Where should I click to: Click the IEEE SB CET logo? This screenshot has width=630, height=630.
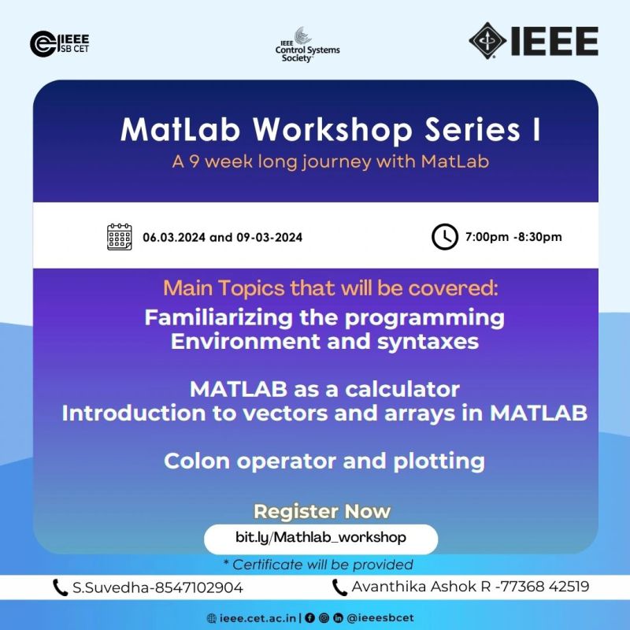click(60, 44)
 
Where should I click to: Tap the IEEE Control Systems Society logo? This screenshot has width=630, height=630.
click(307, 45)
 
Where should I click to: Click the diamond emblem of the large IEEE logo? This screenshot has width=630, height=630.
click(487, 41)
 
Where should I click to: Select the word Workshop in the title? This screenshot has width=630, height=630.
click(332, 130)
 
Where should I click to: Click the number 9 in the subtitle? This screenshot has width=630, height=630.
click(195, 161)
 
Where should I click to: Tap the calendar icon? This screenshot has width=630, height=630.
click(120, 237)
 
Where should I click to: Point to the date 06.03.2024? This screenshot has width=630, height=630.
click(174, 238)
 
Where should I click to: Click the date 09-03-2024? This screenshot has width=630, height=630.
click(269, 238)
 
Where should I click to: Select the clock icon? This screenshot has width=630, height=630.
click(445, 237)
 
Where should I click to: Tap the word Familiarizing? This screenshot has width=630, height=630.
click(219, 318)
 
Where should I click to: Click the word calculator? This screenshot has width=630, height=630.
click(402, 389)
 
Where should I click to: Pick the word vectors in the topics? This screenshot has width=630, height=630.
click(285, 413)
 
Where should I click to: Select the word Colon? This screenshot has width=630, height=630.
click(197, 461)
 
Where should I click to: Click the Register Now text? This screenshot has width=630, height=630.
click(322, 511)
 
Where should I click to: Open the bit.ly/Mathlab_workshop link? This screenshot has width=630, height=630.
click(321, 538)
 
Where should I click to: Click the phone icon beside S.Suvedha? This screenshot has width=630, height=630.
click(61, 587)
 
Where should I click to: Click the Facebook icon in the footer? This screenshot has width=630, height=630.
click(309, 618)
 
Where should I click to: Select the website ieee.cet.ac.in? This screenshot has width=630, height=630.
click(258, 618)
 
